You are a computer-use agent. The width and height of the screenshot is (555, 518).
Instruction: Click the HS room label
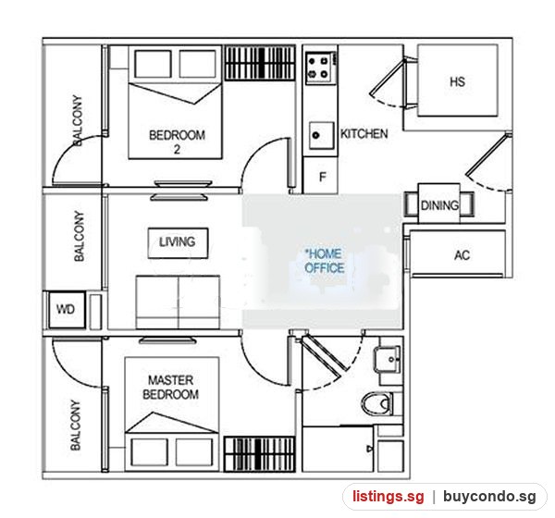[x=457, y=81]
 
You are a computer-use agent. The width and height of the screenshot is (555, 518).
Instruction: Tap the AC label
[x=462, y=255]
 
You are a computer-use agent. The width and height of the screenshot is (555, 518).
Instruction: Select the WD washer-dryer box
[x=67, y=310]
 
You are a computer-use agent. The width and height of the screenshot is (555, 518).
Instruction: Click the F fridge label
[x=323, y=177]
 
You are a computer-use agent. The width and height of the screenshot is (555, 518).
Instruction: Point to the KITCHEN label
[x=364, y=133]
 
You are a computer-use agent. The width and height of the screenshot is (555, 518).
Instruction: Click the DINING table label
[x=439, y=205]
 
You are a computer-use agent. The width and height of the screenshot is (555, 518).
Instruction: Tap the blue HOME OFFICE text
[x=325, y=261]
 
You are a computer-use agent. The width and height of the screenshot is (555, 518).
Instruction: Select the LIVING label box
[x=178, y=243]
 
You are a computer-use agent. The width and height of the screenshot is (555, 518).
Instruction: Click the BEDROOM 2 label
[x=177, y=142]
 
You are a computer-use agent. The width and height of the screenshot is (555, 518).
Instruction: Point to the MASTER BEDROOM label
[x=170, y=388]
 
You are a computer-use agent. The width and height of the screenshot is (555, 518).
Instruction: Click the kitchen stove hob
[x=320, y=68]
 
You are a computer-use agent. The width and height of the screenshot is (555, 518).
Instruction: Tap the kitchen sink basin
[x=321, y=135]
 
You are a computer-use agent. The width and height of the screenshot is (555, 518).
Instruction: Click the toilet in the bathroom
[x=378, y=403]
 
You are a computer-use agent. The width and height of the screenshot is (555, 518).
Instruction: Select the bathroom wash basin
[x=388, y=360]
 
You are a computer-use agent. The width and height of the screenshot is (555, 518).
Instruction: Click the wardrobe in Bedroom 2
[x=260, y=63]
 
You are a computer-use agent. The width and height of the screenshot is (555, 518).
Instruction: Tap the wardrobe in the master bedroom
[x=259, y=454]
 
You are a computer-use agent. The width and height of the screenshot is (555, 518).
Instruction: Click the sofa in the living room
[x=178, y=302]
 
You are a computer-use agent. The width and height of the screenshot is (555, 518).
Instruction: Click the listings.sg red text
[x=388, y=496]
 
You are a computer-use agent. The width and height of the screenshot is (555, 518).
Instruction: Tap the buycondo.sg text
[x=489, y=497]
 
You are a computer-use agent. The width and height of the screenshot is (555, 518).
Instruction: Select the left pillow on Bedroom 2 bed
[x=153, y=64]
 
